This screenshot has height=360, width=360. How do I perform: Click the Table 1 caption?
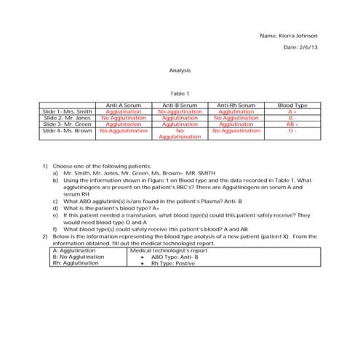tap(179, 93)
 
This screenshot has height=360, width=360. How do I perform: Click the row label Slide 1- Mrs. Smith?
tap(68, 112)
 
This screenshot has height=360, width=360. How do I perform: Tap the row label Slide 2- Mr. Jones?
tap(68, 118)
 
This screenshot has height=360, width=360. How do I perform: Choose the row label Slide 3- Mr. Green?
tap(68, 124)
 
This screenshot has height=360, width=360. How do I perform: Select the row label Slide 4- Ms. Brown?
tap(68, 130)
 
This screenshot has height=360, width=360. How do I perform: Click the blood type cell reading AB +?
tap(292, 124)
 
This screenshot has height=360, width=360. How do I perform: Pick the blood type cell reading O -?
tap(292, 130)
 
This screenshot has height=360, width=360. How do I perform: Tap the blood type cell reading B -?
tap(292, 118)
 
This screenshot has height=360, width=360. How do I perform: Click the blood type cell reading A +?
tap(292, 112)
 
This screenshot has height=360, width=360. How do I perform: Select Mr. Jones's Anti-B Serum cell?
tap(180, 118)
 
